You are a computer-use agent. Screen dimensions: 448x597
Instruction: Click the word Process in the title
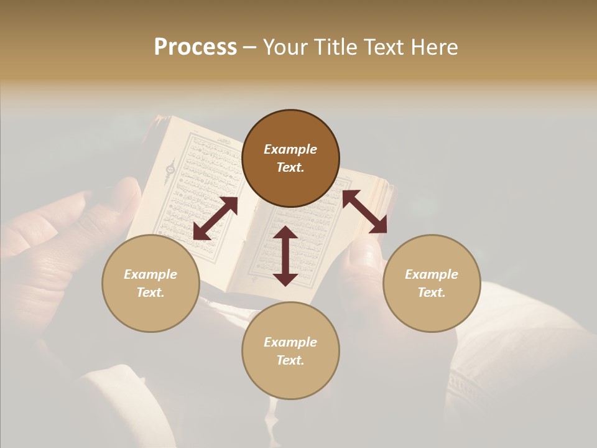195,47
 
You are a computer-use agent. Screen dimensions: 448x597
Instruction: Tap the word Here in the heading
433,47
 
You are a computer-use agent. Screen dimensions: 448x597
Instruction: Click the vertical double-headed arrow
285,256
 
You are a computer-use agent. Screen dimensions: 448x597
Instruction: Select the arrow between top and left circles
215,218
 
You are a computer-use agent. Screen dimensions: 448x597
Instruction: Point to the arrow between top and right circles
364,212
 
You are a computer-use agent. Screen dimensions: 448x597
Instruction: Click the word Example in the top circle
290,149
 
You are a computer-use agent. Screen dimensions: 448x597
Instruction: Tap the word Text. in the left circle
150,292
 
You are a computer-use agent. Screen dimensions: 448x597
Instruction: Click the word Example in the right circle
432,274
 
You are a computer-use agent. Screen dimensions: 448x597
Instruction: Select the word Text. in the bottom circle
290,360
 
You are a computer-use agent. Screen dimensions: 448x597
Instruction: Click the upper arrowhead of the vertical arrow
285,233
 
